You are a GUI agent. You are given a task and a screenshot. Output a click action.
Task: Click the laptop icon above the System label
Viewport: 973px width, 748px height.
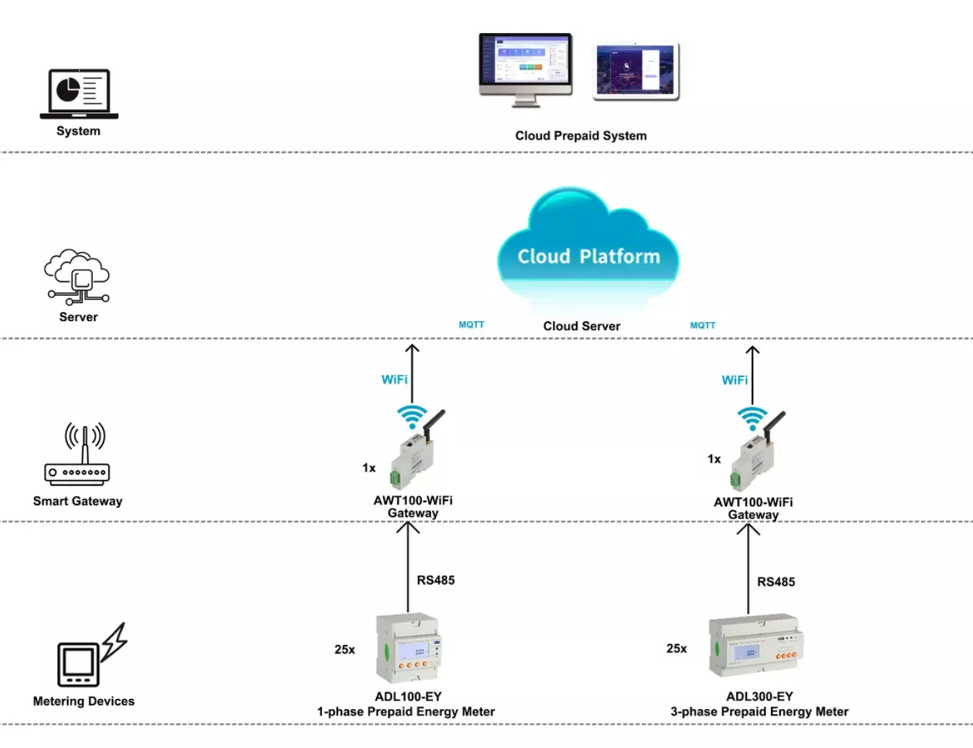point(79,95)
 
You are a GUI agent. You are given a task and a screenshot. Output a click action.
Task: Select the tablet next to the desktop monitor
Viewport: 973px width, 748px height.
point(636,72)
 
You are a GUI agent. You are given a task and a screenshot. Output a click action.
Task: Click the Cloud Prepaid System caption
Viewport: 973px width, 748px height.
point(581,135)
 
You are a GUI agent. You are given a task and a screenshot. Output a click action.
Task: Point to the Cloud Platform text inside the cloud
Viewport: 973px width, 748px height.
point(588,256)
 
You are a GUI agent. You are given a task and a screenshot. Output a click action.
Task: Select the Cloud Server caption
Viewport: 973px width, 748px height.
point(582,326)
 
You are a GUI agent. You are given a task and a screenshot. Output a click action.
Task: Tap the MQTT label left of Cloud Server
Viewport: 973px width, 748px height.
point(471,324)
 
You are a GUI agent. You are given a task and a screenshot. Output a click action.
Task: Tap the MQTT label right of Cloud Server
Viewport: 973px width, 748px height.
point(702,325)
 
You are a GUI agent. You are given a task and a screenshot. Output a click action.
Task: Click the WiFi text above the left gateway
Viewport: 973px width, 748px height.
point(395,379)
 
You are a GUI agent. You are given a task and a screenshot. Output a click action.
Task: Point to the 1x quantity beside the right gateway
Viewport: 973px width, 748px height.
point(714,459)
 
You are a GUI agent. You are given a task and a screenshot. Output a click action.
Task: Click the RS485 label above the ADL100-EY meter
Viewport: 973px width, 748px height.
point(435,581)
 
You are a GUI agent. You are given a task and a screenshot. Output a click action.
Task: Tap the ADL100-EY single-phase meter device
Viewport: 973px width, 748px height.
point(409,648)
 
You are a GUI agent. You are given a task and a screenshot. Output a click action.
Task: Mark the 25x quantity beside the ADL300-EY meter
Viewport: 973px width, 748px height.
point(676,648)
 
